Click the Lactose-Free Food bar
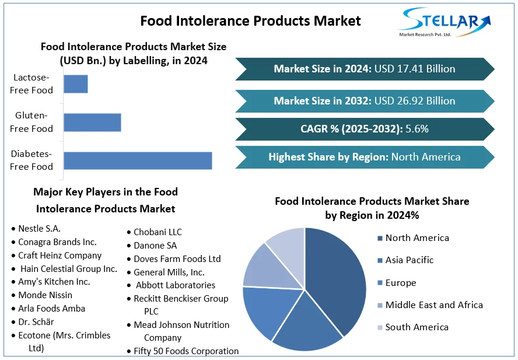coord(76,84)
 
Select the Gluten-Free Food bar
coord(92,123)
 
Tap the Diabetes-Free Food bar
coord(138,160)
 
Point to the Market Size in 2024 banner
coord(365,69)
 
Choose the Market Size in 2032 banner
coord(365,101)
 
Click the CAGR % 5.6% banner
coord(365,129)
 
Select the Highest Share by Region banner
coord(365,157)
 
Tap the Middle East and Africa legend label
coord(434,305)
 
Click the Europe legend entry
coord(401,283)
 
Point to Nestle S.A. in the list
coord(39,229)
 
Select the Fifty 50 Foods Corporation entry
coord(186,351)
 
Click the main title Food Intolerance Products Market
coord(251,21)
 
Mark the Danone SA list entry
coord(155,246)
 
